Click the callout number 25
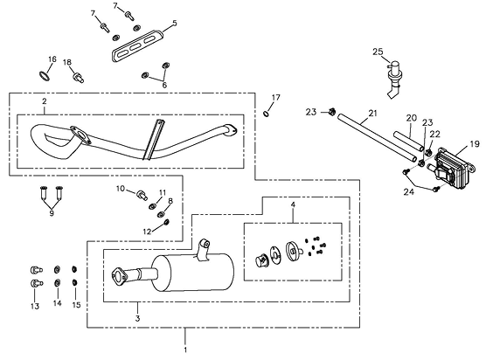(x=378, y=52)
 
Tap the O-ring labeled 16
(x=45, y=76)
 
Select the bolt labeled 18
(x=78, y=77)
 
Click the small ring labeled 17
(x=266, y=114)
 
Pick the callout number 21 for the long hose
(x=373, y=114)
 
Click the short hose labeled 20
(x=409, y=142)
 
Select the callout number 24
(x=408, y=191)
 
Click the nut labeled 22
(x=428, y=152)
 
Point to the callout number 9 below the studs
(x=52, y=213)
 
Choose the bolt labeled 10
(x=142, y=195)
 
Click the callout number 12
(x=147, y=232)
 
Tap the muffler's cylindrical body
(x=193, y=273)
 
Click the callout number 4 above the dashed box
(x=293, y=204)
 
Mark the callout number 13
(x=35, y=306)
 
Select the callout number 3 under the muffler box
(x=137, y=318)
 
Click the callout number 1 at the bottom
(x=185, y=350)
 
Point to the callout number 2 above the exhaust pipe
(x=45, y=101)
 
